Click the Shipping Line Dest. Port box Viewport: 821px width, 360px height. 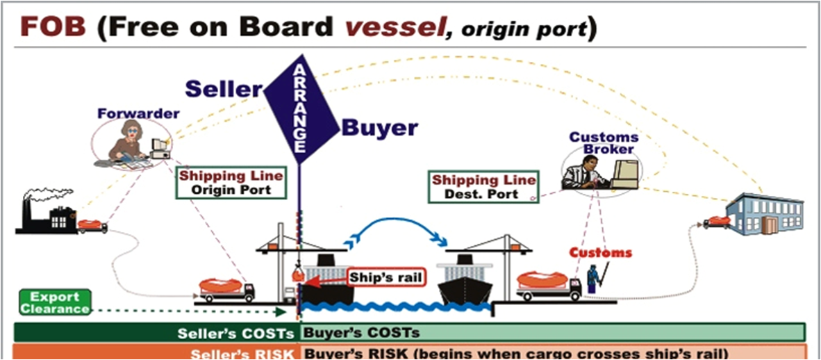483,187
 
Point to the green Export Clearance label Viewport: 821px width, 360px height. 55,302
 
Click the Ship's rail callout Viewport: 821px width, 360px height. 385,277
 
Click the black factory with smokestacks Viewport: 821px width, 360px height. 46,211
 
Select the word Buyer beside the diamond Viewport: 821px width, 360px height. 379,128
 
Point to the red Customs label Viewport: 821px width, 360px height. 600,252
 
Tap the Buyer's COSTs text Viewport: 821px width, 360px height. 361,332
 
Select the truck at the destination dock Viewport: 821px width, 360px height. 549,285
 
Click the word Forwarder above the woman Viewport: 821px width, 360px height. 138,113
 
